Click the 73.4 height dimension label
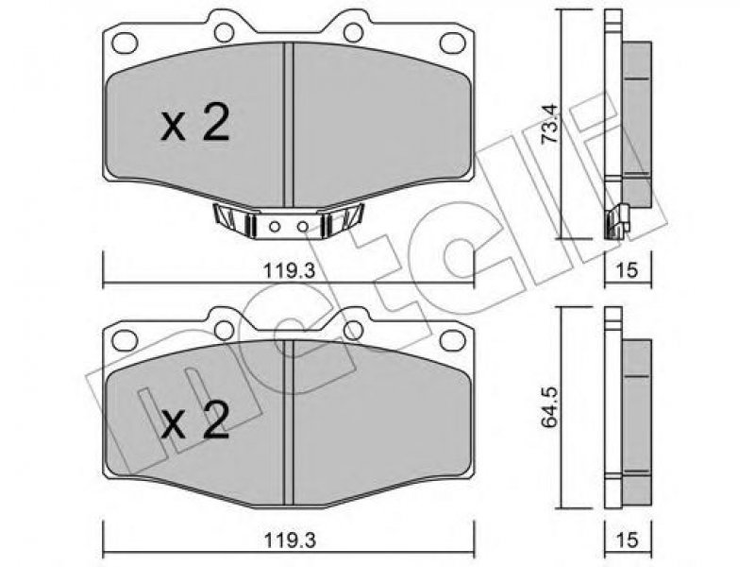click(550, 124)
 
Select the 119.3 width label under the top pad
click(289, 271)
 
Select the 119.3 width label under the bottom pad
click(289, 541)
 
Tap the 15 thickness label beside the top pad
click(628, 271)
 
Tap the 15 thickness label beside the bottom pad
click(628, 540)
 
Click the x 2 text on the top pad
click(194, 124)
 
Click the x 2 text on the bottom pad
click(194, 420)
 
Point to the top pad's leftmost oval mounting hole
click(125, 43)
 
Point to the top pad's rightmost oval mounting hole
click(452, 43)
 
